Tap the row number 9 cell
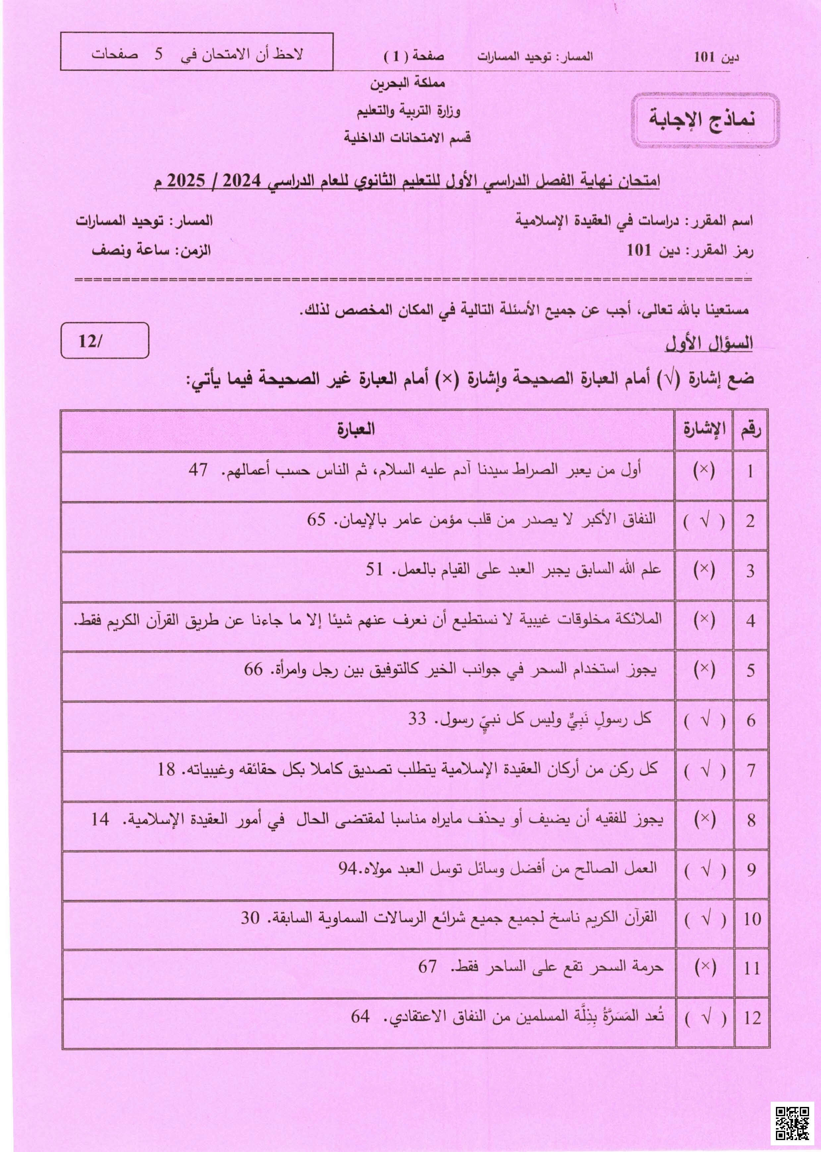tap(751, 870)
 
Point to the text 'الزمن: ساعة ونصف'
tap(151, 250)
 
